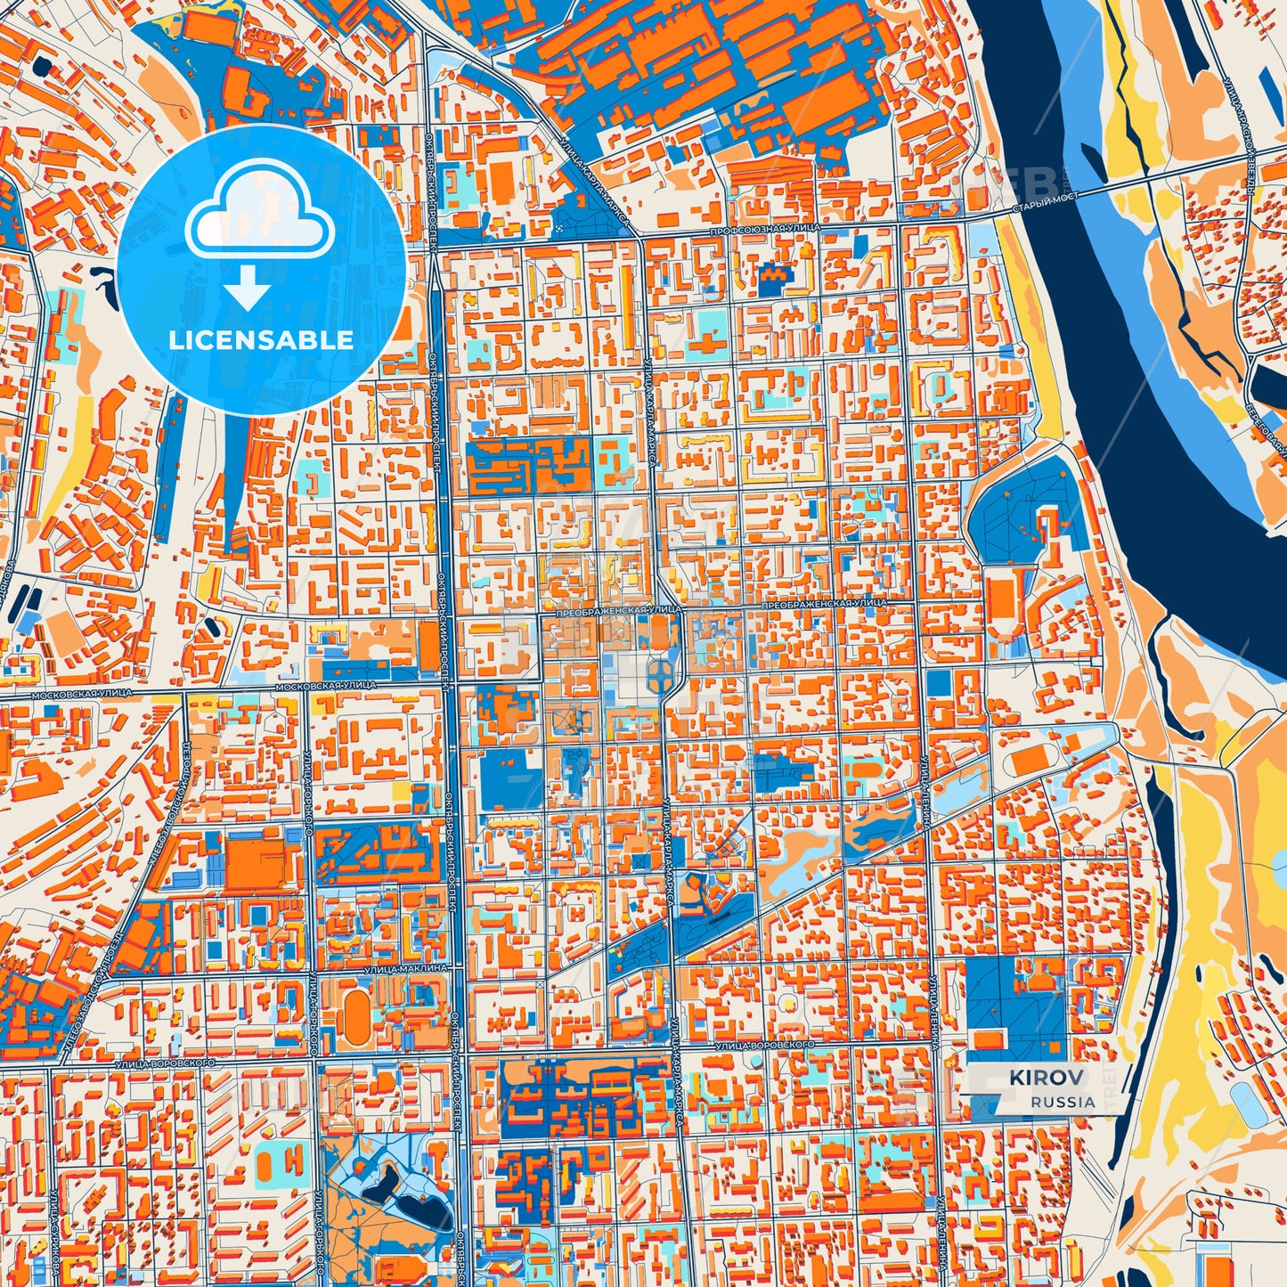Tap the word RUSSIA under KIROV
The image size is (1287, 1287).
[x=1063, y=1102]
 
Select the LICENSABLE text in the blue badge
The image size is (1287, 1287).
[x=261, y=339]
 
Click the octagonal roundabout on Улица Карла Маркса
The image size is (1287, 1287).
[x=664, y=675]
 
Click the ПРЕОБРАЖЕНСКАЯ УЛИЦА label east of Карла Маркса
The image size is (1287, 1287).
[x=824, y=603]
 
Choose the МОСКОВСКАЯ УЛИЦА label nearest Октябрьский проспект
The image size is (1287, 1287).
[x=325, y=686]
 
